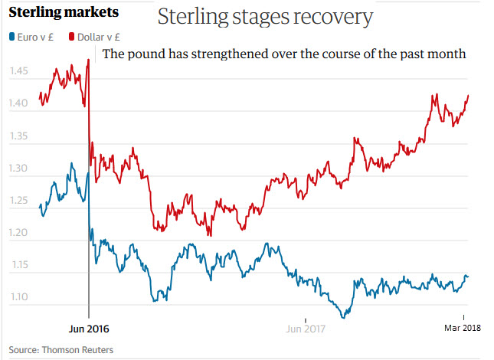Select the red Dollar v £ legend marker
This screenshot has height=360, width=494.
(70, 36)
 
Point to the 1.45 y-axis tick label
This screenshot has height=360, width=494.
(21, 71)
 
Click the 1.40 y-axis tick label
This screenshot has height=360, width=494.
(21, 103)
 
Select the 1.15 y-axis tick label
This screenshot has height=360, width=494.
(21, 265)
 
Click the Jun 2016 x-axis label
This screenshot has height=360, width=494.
(89, 329)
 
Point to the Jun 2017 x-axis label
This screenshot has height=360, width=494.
(306, 329)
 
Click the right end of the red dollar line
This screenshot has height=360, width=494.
(468, 95)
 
